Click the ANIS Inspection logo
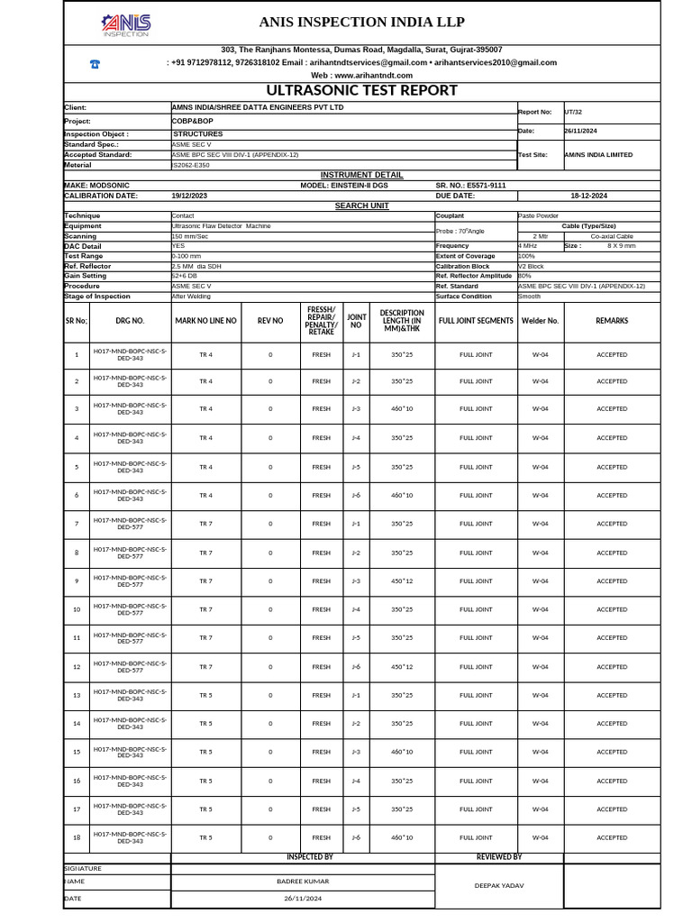(126, 24)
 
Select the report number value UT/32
(573, 112)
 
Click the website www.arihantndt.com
(361, 76)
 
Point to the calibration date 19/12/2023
(189, 195)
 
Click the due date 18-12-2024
(588, 195)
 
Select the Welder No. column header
(540, 320)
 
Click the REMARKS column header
(612, 320)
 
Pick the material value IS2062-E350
(190, 165)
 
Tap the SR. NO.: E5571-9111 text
(470, 185)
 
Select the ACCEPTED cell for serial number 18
(612, 838)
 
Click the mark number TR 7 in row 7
(205, 524)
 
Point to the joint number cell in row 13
(356, 695)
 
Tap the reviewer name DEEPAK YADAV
(499, 885)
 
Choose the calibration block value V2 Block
(532, 266)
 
